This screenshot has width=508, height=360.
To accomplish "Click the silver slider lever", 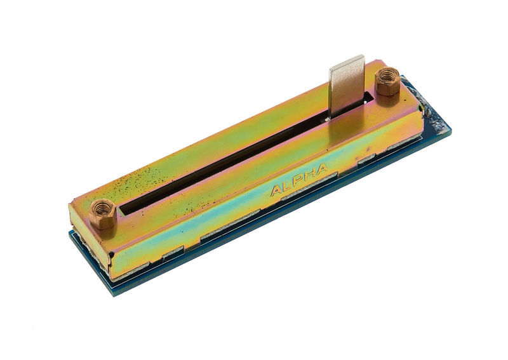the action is (x=347, y=86).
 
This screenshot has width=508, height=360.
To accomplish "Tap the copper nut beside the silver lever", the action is (x=387, y=81).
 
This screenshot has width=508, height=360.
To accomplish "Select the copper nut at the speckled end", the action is (x=102, y=213).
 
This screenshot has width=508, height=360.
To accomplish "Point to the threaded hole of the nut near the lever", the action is (x=387, y=76).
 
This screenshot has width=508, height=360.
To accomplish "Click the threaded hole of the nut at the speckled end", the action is (x=102, y=208).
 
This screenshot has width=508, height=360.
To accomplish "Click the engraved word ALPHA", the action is (x=298, y=180).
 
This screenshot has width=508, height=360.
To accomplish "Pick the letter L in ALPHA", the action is (x=288, y=185).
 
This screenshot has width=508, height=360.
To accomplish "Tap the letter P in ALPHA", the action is (x=298, y=180).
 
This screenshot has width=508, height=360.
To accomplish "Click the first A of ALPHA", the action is (x=276, y=190).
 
